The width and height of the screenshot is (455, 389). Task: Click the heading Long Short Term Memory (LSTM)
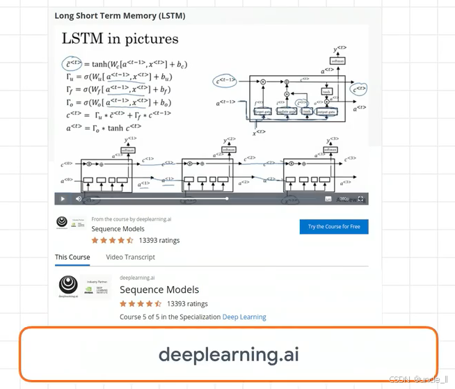[x=120, y=15]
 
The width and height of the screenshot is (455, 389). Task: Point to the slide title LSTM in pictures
[x=120, y=39]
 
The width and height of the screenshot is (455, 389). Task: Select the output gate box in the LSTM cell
[x=326, y=111]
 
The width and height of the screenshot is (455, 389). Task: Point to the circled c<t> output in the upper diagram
[x=359, y=89]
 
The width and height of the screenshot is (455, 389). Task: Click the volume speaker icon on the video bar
[x=79, y=199]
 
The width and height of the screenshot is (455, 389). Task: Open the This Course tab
[x=72, y=257]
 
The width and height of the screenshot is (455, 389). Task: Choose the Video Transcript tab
[x=130, y=257]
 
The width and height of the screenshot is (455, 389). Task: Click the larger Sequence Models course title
[x=159, y=289]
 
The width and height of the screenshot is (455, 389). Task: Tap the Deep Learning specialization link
[x=244, y=317]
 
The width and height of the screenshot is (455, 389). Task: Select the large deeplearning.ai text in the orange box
[x=228, y=354]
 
